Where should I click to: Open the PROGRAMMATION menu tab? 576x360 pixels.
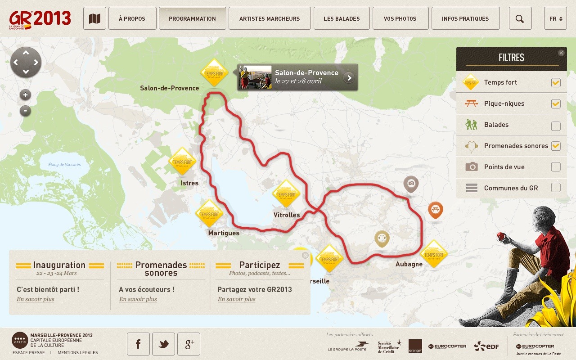[192, 18]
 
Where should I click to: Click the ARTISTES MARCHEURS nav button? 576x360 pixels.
[269, 18]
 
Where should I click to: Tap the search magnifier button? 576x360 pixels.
[520, 18]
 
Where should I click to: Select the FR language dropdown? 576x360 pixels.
[555, 18]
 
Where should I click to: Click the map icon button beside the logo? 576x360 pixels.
[94, 18]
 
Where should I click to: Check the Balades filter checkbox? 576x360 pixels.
[556, 126]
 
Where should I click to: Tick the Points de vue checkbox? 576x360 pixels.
[556, 167]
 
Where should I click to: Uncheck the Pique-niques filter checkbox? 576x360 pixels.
[556, 104]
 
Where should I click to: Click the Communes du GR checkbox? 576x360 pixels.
[556, 188]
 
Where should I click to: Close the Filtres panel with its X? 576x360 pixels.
[561, 53]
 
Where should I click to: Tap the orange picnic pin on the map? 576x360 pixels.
[435, 209]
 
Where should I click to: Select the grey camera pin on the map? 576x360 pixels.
[411, 183]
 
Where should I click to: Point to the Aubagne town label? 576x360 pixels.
[409, 264]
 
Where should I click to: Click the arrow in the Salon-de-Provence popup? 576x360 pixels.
[348, 78]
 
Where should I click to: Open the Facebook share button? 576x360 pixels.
[138, 344]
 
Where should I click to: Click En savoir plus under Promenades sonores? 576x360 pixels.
[138, 299]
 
